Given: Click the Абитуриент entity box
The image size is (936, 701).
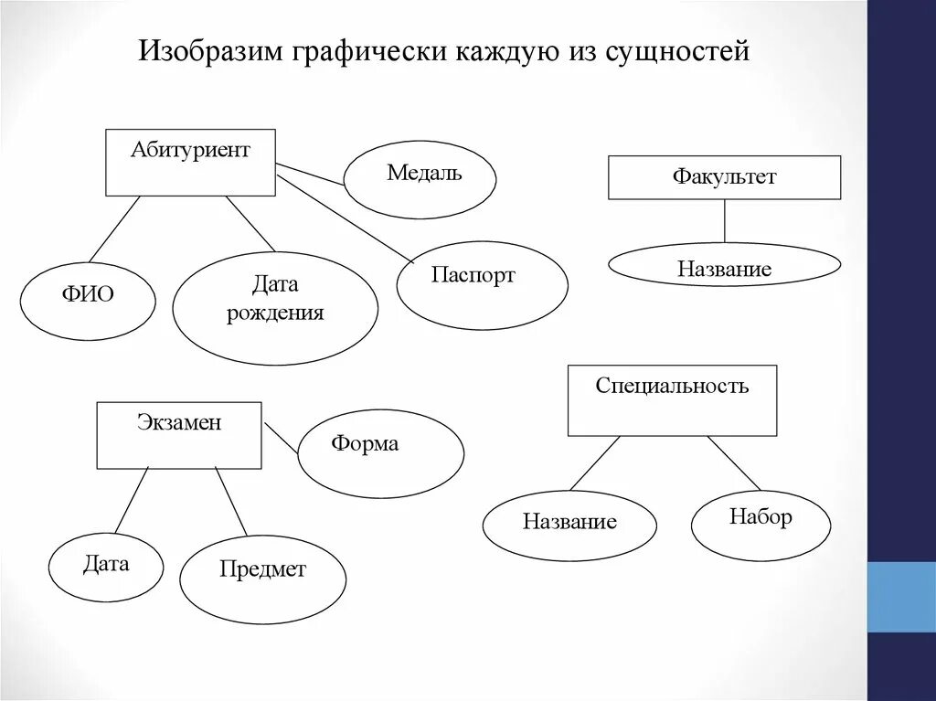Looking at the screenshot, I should pyautogui.click(x=190, y=162).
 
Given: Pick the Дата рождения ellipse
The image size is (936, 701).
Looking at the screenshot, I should pyautogui.click(x=275, y=308).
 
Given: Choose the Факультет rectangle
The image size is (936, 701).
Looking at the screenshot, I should pyautogui.click(x=724, y=177).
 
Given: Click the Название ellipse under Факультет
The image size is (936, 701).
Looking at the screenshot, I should pyautogui.click(x=724, y=265).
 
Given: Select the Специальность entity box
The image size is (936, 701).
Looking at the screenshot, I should pyautogui.click(x=672, y=400).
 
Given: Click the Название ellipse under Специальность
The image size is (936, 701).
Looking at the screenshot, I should pyautogui.click(x=569, y=526).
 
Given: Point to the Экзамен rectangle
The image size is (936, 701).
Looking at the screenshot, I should pyautogui.click(x=179, y=435).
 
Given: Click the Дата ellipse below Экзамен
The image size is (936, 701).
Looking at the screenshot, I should pyautogui.click(x=106, y=568).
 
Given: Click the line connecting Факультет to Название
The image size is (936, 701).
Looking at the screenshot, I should pyautogui.click(x=725, y=220).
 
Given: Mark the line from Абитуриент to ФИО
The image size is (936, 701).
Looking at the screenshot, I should pyautogui.click(x=115, y=228).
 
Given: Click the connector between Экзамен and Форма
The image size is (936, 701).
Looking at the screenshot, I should pyautogui.click(x=282, y=438).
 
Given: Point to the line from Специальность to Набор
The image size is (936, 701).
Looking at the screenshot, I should pyautogui.click(x=734, y=462).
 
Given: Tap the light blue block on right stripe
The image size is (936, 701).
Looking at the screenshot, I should pyautogui.click(x=900, y=596).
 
